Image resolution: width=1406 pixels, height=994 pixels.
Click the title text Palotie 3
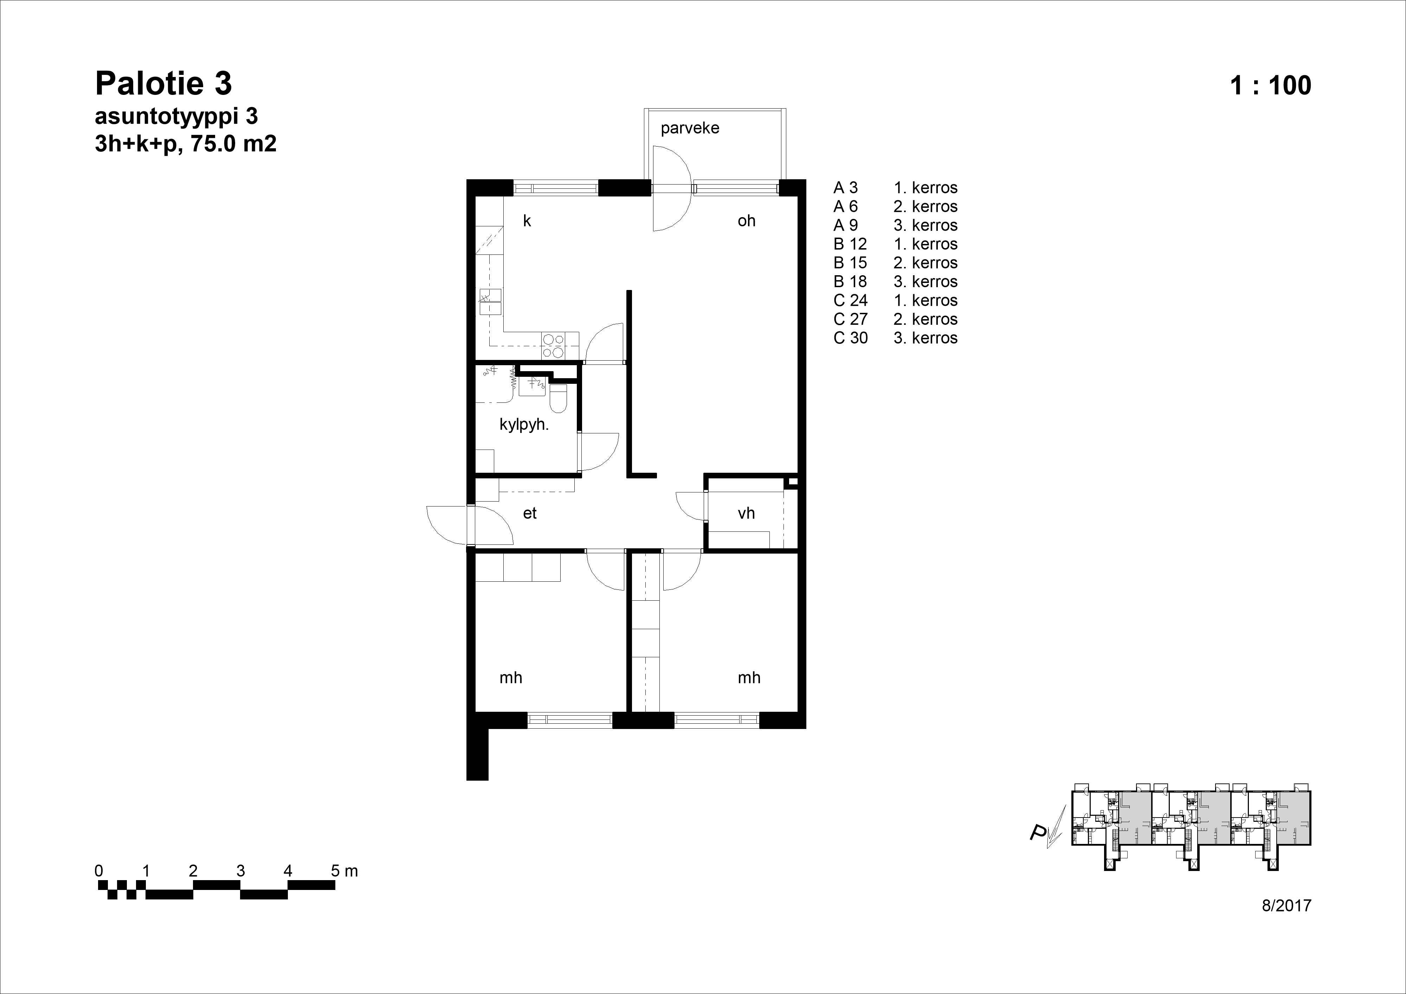tap(163, 84)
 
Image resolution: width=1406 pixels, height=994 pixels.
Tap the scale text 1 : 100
tap(1271, 85)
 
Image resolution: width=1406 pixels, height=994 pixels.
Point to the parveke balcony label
tap(690, 128)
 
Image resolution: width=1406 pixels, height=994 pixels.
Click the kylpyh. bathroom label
tap(524, 425)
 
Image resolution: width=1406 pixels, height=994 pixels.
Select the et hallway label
tap(530, 513)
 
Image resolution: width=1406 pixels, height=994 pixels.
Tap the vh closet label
tap(746, 513)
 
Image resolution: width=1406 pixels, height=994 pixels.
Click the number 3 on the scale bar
tap(241, 871)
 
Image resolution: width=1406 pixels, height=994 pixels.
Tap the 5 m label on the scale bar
tap(344, 871)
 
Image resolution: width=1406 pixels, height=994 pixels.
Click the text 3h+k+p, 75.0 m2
tap(186, 144)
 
